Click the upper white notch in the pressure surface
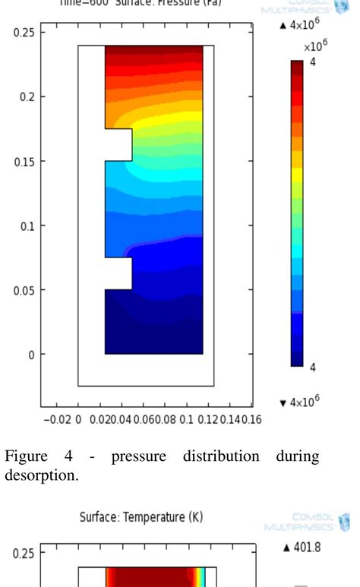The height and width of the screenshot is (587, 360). click(118, 145)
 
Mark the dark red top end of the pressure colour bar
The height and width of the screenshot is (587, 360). click(297, 65)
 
